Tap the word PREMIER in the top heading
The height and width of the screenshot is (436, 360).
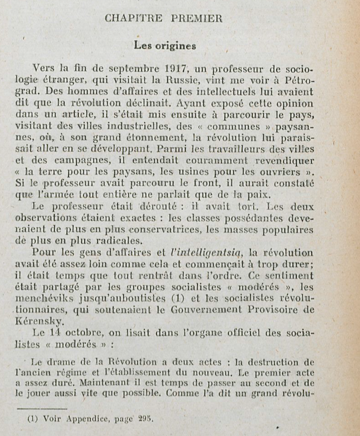198,19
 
